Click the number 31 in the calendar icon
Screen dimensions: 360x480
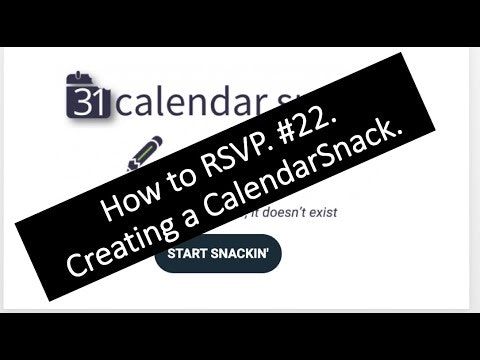80,101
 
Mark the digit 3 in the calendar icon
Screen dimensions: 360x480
74,101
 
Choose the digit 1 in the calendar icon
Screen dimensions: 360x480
87,101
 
